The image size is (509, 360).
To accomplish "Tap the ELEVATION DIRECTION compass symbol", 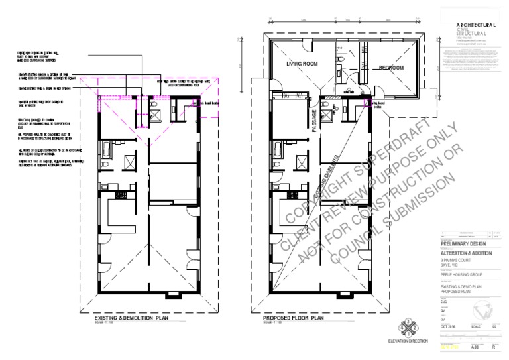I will point(406,328).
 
